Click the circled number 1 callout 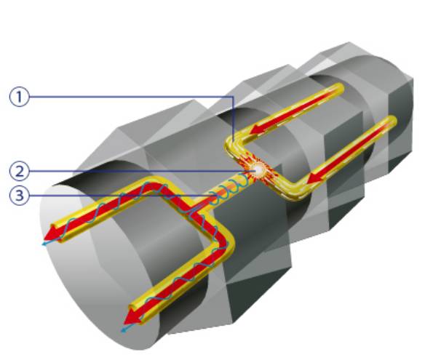(x=19, y=97)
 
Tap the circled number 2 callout (x=19, y=172)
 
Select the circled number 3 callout (x=19, y=195)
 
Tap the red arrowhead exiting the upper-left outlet (x=52, y=233)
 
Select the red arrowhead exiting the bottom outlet (x=132, y=317)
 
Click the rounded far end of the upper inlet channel (x=338, y=89)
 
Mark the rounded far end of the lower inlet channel (x=391, y=121)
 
